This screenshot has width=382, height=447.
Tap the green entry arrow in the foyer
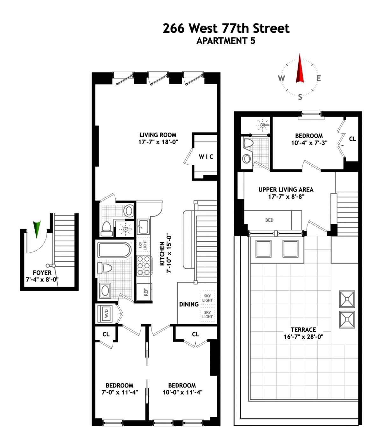click(x=37, y=228)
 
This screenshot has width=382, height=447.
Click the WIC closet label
click(x=206, y=156)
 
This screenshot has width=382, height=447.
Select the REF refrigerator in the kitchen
click(x=145, y=292)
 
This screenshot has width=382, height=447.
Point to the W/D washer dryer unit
click(x=106, y=313)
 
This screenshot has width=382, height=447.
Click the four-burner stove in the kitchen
click(x=143, y=265)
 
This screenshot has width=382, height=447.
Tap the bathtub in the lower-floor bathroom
click(x=114, y=250)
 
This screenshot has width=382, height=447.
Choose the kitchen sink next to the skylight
click(x=143, y=226)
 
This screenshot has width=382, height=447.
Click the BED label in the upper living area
click(x=269, y=220)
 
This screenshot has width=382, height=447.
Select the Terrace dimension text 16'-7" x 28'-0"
click(x=303, y=337)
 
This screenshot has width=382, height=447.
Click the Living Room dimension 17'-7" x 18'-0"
click(x=158, y=142)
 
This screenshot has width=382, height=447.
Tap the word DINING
click(x=189, y=304)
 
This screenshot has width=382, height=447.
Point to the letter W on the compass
click(x=281, y=78)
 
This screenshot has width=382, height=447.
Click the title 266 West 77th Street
click(x=226, y=28)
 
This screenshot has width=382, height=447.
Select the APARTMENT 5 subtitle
click(x=226, y=41)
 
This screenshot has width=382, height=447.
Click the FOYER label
click(x=42, y=272)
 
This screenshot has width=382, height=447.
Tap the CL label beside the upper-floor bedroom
click(x=352, y=139)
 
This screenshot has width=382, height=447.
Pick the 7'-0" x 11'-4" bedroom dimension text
click(x=120, y=392)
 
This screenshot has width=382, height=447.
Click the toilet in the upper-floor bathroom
click(x=248, y=144)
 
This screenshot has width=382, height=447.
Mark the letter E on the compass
click(x=318, y=78)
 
